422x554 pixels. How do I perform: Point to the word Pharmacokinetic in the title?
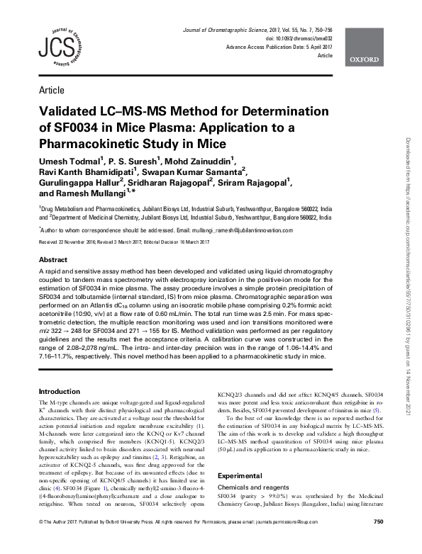pyautogui.click(x=95, y=144)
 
